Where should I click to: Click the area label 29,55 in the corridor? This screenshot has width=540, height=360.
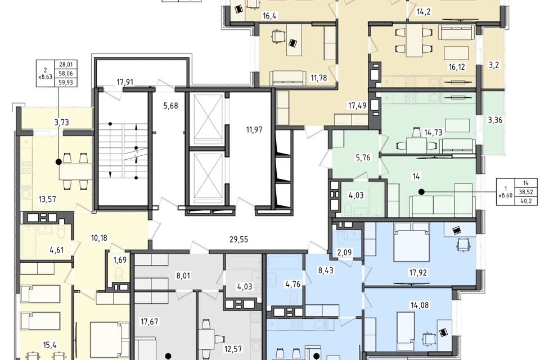[238, 240]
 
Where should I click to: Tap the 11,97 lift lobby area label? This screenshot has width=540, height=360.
[254, 130]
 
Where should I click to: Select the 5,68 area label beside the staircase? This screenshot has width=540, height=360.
[171, 106]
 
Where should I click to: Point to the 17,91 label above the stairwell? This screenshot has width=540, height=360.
[125, 82]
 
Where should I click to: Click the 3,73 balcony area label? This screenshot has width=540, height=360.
[62, 122]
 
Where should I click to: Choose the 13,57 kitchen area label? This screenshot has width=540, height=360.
[47, 199]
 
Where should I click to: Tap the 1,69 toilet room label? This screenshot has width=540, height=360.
[120, 260]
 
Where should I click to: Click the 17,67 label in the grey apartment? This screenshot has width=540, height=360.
[150, 322]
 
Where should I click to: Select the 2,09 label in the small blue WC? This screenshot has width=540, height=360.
[344, 253]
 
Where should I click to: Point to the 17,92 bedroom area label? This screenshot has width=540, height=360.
[418, 273]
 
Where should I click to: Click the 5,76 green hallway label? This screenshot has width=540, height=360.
[363, 157]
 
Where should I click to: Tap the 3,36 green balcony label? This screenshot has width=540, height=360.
[495, 120]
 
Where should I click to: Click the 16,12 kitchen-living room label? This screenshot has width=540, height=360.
[457, 67]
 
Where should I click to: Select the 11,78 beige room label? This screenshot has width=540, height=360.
[318, 78]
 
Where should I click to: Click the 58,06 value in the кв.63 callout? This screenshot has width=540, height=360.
[66, 73]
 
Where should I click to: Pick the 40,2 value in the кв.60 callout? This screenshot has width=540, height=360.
[526, 201]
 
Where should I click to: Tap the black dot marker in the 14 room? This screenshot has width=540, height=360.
[421, 192]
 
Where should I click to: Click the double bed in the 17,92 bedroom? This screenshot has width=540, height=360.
[412, 242]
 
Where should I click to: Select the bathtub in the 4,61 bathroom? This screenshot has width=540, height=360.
[28, 242]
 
